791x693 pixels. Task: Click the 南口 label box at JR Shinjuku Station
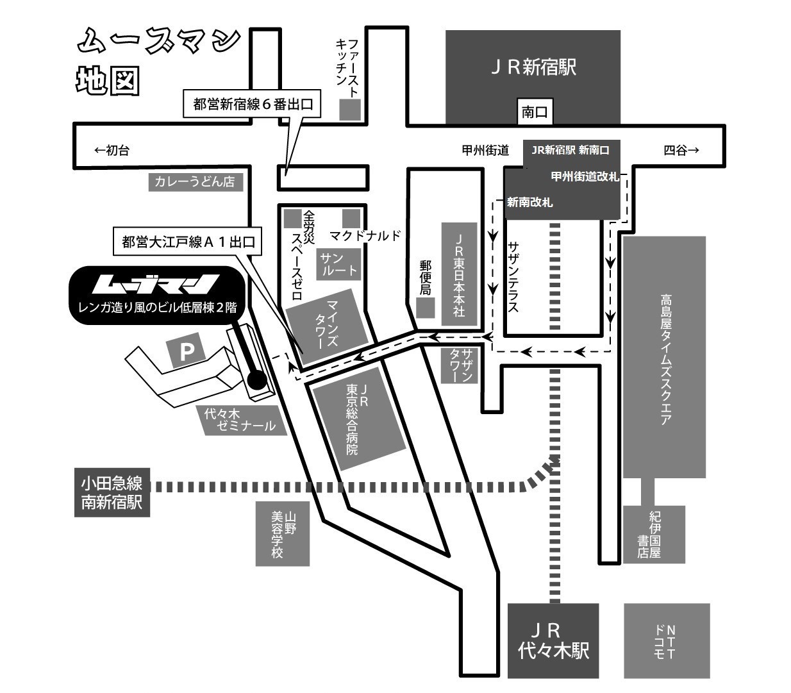[535, 112]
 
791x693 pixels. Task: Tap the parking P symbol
[186, 351]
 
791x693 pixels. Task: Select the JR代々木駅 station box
[553, 640]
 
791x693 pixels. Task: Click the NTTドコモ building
[667, 640]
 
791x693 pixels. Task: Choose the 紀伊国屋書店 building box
[653, 534]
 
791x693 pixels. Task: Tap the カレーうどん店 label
[196, 181]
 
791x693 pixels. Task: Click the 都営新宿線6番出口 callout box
[252, 104]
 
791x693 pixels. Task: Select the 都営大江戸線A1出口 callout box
[188, 242]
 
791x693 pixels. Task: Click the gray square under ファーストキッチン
[350, 110]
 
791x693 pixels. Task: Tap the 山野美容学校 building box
[282, 533]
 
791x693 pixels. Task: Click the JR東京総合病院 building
[358, 420]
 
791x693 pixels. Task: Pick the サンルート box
[338, 264]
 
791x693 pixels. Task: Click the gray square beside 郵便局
[425, 308]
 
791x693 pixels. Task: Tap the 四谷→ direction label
[681, 150]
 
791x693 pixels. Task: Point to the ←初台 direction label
[112, 150]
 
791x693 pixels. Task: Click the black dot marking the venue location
[256, 381]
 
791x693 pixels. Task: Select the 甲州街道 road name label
[485, 150]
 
